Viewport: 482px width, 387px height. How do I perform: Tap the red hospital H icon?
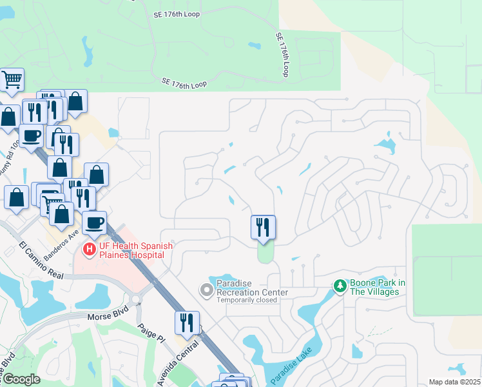[89, 248]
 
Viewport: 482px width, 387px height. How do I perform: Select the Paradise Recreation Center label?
[252, 288]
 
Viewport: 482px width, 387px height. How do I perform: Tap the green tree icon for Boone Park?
[340, 284]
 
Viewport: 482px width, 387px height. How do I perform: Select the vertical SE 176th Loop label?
[282, 55]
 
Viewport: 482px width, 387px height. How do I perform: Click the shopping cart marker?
[12, 80]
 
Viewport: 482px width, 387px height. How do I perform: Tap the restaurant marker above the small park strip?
[263, 227]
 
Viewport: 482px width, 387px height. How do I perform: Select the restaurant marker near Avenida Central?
[187, 322]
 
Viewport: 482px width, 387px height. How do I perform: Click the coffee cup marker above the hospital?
[94, 223]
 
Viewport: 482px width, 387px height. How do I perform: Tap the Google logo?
[21, 379]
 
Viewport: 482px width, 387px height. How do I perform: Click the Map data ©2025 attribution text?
[454, 382]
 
